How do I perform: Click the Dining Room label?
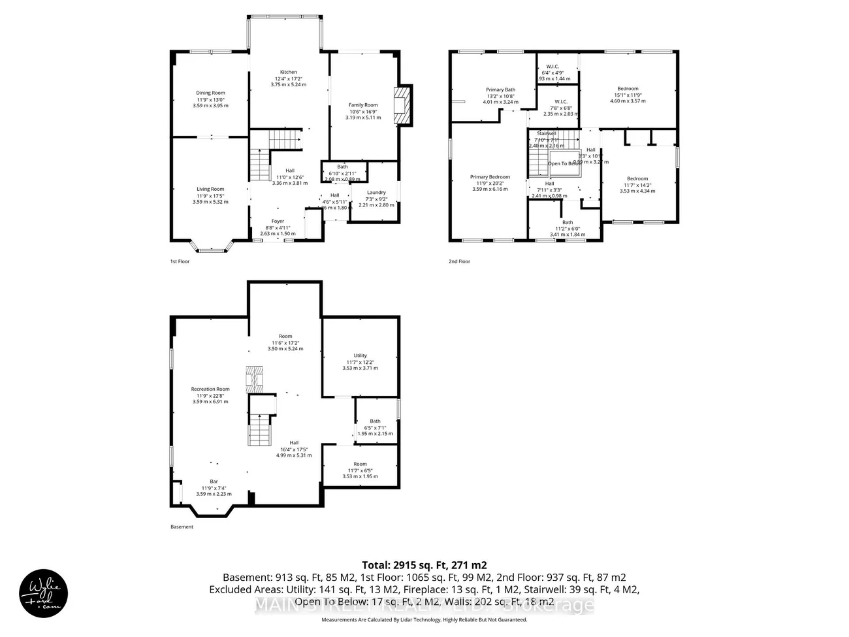pyautogui.click(x=210, y=93)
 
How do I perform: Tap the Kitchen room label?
pyautogui.click(x=288, y=73)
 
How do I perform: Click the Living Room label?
pyautogui.click(x=210, y=189)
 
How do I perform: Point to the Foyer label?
pyautogui.click(x=278, y=221)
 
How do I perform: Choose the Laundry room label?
pyautogui.click(x=376, y=193)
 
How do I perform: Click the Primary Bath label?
pyautogui.click(x=500, y=90)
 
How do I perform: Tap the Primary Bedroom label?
pyautogui.click(x=490, y=177)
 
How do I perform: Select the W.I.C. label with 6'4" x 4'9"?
pyautogui.click(x=553, y=66)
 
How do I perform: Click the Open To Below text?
pyautogui.click(x=564, y=163)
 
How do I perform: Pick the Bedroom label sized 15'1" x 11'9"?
pyautogui.click(x=628, y=89)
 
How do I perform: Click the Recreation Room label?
pyautogui.click(x=210, y=389)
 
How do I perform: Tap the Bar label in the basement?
pyautogui.click(x=214, y=482)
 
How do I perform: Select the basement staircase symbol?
pyautogui.click(x=260, y=430)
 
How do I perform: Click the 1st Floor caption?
pyautogui.click(x=179, y=261)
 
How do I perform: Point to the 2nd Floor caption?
pyautogui.click(x=459, y=261)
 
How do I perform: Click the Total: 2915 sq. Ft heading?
pyautogui.click(x=424, y=565)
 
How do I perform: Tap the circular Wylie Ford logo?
pyautogui.click(x=40, y=592)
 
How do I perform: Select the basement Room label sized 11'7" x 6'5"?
pyautogui.click(x=360, y=465)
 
